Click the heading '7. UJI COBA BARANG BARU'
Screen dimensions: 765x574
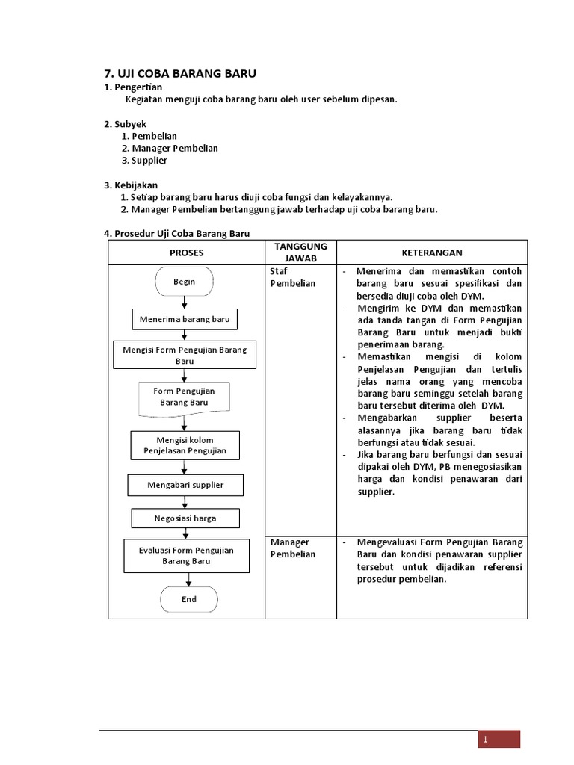179,73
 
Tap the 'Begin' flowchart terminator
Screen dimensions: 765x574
184,282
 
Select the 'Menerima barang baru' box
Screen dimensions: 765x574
185,320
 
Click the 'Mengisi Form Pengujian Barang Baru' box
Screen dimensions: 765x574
185,355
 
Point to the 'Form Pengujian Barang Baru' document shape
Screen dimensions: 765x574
184,397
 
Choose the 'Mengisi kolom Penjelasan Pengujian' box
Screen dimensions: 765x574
185,445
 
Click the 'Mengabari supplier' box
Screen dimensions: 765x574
185,485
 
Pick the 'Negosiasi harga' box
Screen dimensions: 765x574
185,518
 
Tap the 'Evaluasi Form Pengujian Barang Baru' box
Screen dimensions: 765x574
186,555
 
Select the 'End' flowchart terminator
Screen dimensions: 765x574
188,599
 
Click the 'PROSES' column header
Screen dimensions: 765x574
186,253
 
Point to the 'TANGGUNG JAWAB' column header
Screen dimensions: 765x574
300,253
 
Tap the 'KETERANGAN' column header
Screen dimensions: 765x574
432,253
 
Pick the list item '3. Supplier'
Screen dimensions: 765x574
144,161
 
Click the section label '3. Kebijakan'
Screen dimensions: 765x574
131,185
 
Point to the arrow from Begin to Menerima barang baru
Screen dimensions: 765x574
184,302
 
